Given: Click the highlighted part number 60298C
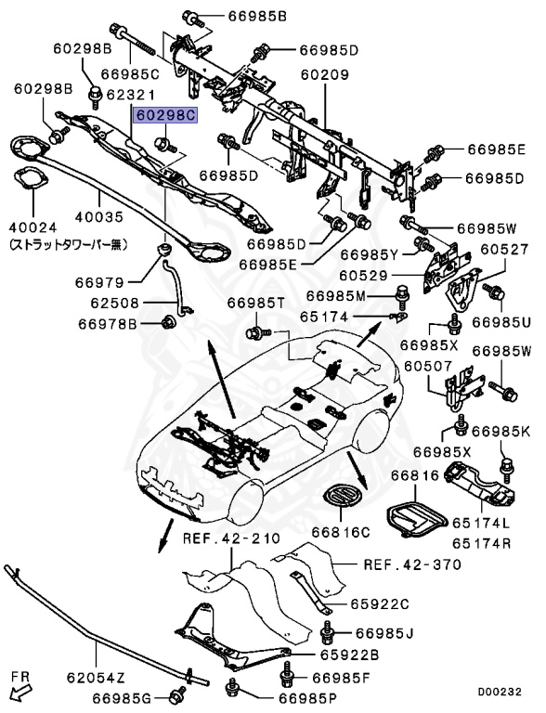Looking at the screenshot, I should coord(167,116).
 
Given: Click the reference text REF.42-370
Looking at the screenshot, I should coord(399,563).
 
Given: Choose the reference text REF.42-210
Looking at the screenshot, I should coord(218,538).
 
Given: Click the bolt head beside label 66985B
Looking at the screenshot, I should coord(187,16).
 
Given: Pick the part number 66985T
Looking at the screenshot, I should coord(254,304).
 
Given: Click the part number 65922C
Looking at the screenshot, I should coord(379,604).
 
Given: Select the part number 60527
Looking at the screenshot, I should coord(503,249).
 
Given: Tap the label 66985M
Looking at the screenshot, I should coord(336,295).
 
